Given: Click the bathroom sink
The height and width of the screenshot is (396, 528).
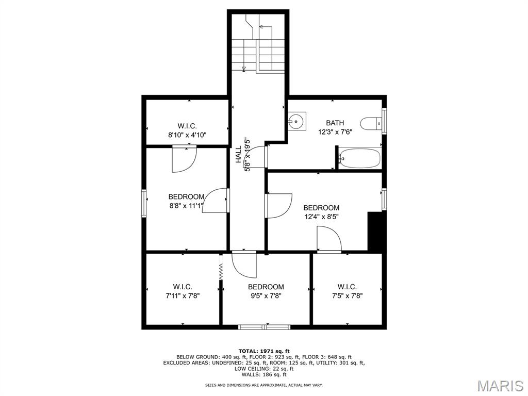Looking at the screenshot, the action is click(x=296, y=121).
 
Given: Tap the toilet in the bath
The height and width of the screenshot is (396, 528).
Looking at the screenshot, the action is click(x=371, y=124).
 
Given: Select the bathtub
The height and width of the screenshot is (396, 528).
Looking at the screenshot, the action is click(x=360, y=158).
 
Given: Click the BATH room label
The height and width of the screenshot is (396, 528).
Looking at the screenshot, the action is click(x=335, y=123).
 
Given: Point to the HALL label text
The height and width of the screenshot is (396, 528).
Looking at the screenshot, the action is click(x=238, y=155).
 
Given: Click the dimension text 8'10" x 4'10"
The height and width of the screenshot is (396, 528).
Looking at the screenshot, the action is click(x=187, y=135).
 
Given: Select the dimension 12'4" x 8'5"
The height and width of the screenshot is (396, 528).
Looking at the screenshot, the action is click(x=321, y=217).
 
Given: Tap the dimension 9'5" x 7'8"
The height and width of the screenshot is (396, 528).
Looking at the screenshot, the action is click(x=266, y=296).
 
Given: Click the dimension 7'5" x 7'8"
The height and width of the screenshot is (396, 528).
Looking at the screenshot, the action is click(x=347, y=296).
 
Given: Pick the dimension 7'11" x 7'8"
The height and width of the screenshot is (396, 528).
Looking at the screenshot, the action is click(x=183, y=296).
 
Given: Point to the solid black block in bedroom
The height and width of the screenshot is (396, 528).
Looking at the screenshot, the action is click(x=375, y=232).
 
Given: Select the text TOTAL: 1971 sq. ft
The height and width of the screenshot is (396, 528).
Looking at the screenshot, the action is click(x=264, y=351).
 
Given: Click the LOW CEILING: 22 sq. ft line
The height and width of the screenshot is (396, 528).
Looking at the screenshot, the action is click(x=264, y=369).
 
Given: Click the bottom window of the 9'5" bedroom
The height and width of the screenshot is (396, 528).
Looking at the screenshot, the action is click(x=265, y=327).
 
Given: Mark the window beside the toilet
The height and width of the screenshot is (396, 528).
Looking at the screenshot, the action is click(x=384, y=121).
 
